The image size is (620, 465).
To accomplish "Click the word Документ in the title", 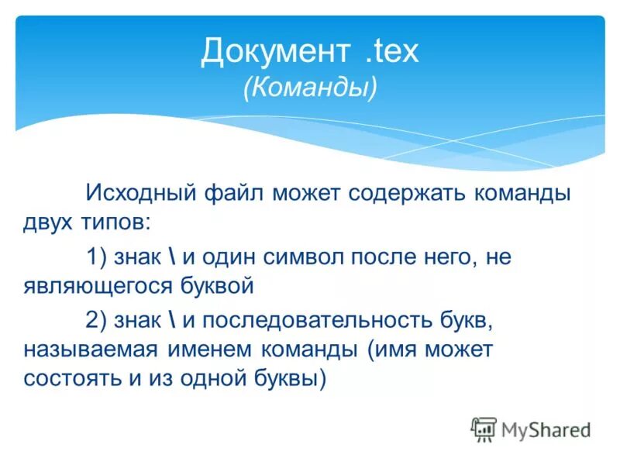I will pyautogui.click(x=272, y=52).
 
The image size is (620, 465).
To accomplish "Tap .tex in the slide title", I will pyautogui.click(x=389, y=52).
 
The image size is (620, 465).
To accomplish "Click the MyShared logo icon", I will pyautogui.click(x=483, y=429).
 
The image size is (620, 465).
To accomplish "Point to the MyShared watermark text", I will pyautogui.click(x=546, y=429).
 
